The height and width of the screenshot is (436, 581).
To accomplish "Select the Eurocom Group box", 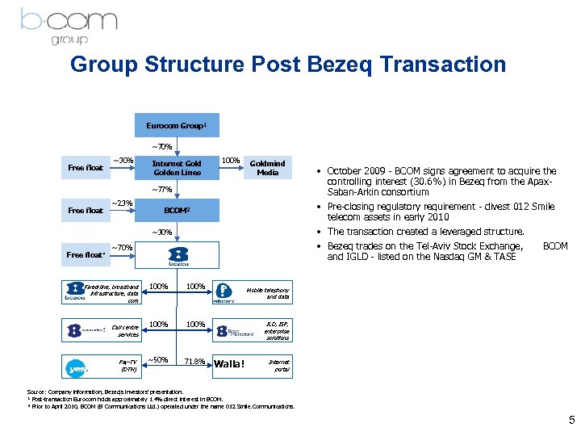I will coord(177,126).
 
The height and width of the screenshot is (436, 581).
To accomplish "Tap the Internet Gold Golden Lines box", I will coord(177,168).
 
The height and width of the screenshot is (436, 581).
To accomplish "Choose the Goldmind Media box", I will coord(266,168).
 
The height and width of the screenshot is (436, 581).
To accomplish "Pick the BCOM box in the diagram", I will coord(177,211).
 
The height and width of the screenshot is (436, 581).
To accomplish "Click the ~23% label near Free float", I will coord(121,203).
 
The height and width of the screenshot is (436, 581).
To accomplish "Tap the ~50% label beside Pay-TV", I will coord(158,360).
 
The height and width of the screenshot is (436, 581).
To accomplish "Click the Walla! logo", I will coord(228,363).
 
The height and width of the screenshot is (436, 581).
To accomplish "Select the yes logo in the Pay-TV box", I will coord(77,367).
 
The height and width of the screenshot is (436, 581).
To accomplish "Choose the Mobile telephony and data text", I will coord(270,292).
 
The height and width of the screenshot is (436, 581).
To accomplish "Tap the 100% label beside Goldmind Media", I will coord(232,161).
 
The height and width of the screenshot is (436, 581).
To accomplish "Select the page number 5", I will coord(571,420).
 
